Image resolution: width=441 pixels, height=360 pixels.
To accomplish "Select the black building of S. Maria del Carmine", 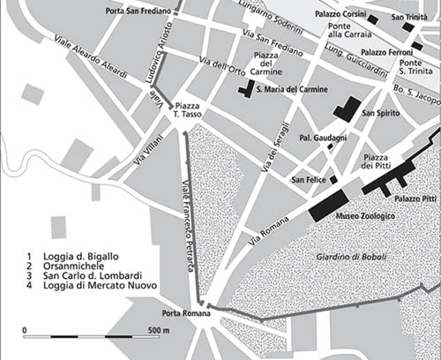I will tap(244, 95).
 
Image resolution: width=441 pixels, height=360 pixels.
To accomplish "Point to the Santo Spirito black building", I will tap(347, 109).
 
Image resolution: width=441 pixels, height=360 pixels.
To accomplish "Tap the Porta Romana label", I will tap(183, 313).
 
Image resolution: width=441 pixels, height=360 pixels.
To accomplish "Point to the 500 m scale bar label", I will tap(159, 330).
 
